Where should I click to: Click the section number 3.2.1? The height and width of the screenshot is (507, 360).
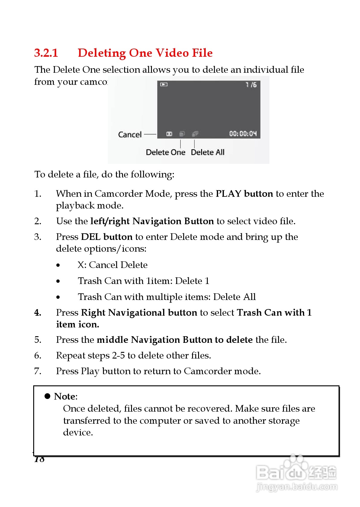tap(46, 53)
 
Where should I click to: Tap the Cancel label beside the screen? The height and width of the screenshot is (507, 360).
tap(130, 135)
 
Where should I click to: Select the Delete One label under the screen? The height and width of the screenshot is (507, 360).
tap(166, 152)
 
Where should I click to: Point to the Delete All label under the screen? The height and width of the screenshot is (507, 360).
tap(207, 152)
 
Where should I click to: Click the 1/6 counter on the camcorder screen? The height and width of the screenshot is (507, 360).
tap(251, 85)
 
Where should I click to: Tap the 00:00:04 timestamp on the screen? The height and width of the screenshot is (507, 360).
tap(243, 134)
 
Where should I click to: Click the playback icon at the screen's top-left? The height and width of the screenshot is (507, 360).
tap(164, 84)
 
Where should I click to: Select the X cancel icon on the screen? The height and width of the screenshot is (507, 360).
tap(169, 134)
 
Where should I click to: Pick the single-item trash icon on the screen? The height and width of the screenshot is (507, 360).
tap(182, 134)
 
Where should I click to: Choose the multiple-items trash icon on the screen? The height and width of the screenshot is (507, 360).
tap(195, 134)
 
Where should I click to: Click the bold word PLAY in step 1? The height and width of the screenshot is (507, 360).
tap(228, 194)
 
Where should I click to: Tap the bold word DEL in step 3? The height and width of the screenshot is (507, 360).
tap(91, 237)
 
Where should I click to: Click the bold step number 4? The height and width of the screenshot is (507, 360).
tap(37, 313)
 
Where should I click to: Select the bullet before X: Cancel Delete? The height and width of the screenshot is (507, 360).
tap(58, 265)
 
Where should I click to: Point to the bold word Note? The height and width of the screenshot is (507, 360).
tap(65, 396)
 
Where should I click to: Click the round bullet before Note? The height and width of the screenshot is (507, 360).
tap(47, 396)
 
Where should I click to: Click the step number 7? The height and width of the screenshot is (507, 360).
tap(37, 371)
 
